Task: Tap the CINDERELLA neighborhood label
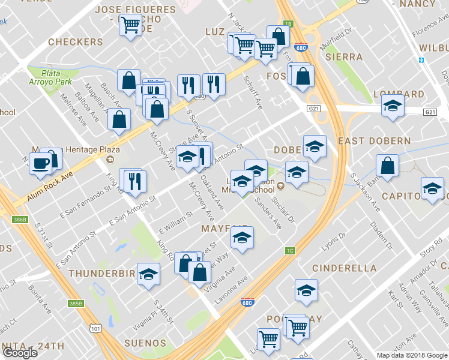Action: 344,268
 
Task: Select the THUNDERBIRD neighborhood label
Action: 102,274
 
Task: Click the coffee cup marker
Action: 41,163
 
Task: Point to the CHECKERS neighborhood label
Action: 75,42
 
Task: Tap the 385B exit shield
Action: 75,304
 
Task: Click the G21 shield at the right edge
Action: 430,112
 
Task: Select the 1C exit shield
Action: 290,251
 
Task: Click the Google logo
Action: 20,353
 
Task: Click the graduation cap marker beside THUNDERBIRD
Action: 148,275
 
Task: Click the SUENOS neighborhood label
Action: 140,344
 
